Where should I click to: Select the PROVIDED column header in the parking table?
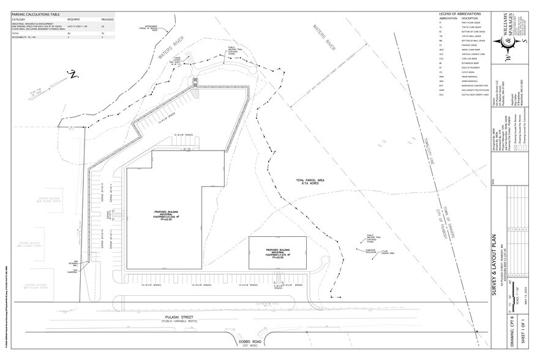click(x=107, y=20)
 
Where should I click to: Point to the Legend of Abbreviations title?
click(x=461, y=13)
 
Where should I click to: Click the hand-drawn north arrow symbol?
click(x=71, y=75)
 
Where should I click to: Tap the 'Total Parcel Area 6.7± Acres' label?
click(x=309, y=182)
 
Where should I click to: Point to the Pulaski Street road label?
click(x=174, y=316)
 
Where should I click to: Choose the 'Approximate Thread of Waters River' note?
click(x=153, y=28)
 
